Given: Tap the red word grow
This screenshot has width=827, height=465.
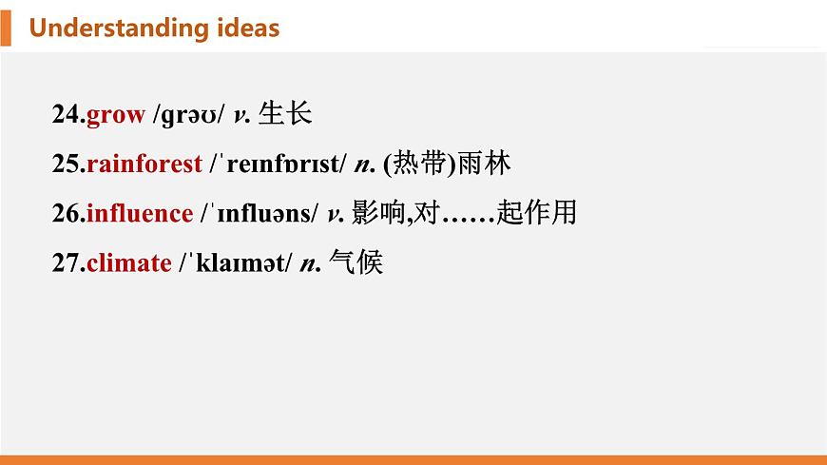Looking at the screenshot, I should (115, 116).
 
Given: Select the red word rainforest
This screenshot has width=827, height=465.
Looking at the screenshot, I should (144, 165).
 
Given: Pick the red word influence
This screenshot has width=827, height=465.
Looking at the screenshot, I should (139, 213).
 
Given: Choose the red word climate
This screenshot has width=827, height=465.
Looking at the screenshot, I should (128, 262).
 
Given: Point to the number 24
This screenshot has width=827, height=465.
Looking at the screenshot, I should (67, 116).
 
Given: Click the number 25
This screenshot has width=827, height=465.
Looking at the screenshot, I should (67, 165).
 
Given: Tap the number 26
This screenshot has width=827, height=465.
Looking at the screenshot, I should (67, 213).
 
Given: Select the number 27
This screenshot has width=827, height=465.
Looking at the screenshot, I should (67, 262).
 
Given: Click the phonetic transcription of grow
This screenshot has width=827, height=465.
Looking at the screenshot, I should (188, 116).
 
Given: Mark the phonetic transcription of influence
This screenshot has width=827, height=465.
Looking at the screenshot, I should (260, 213).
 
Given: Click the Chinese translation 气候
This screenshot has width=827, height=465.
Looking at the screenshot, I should (355, 262).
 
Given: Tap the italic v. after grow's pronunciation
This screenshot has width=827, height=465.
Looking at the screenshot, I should (241, 116).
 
